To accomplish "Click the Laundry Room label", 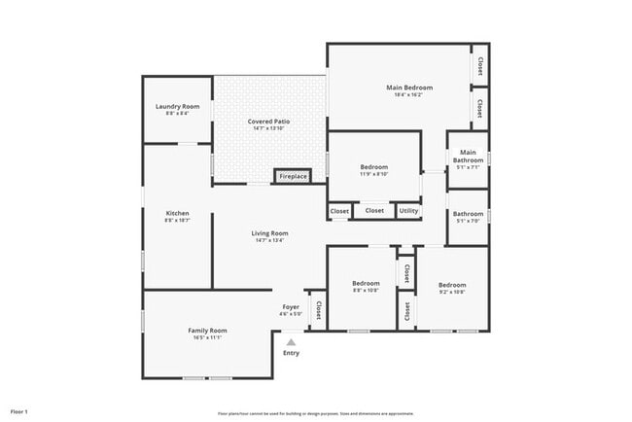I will click(x=177, y=106).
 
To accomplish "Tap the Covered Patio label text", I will click(x=268, y=122).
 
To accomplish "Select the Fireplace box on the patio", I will click(x=293, y=176).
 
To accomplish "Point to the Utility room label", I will click(x=408, y=211).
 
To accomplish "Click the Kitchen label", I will click(x=177, y=213).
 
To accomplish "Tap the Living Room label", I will click(x=269, y=233).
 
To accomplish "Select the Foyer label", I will click(x=291, y=307).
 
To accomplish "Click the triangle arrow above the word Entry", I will click(x=290, y=341).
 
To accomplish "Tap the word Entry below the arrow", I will click(x=291, y=353).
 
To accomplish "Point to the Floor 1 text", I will click(x=19, y=412).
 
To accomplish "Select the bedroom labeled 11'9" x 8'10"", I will click(x=374, y=170).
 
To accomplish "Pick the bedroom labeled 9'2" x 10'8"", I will click(x=452, y=288).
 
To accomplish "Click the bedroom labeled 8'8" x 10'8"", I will click(x=365, y=288).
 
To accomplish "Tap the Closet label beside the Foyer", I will click(x=318, y=309).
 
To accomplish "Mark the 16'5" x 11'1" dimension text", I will click(x=207, y=337).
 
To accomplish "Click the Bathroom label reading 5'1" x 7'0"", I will click(x=468, y=217).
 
